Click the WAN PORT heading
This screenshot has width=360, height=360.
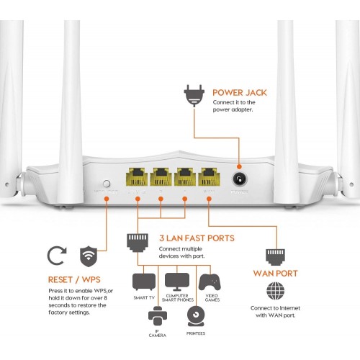tap(276, 274)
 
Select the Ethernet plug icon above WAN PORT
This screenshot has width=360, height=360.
tap(275, 255)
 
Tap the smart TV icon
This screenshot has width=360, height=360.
tap(143, 282)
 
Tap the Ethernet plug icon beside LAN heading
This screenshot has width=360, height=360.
tap(138, 242)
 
